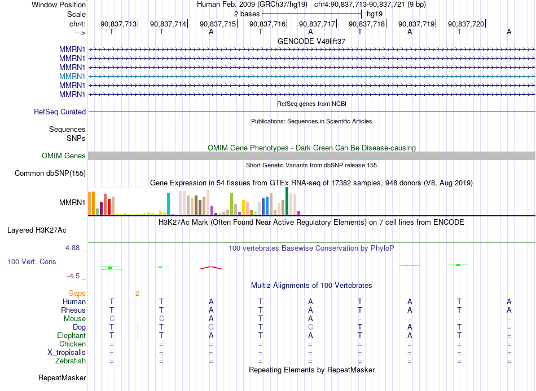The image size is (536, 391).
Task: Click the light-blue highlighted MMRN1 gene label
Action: (72, 76)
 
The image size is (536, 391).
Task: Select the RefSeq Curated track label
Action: (60, 112)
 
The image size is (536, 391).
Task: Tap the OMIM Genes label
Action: (64, 155)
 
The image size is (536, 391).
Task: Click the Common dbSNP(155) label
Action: (50, 173)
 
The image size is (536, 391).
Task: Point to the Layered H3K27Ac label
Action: (37, 230)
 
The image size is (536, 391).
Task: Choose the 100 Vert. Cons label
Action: (32, 261)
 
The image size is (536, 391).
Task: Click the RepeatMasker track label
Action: (62, 377)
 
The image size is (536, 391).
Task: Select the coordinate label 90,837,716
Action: (267, 24)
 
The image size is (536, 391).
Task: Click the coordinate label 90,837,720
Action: (466, 24)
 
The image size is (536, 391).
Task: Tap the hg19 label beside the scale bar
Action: (375, 14)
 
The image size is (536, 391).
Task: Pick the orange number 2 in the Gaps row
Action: (138, 294)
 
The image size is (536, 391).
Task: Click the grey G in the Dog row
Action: (211, 327)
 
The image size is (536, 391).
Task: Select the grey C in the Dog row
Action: (310, 327)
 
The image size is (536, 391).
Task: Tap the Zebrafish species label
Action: (71, 361)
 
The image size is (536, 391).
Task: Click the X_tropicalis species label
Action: (67, 353)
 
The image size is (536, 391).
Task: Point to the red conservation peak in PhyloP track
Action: (212, 268)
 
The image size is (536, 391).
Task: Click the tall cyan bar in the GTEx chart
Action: (168, 203)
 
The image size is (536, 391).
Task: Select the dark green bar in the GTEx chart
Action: (287, 201)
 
